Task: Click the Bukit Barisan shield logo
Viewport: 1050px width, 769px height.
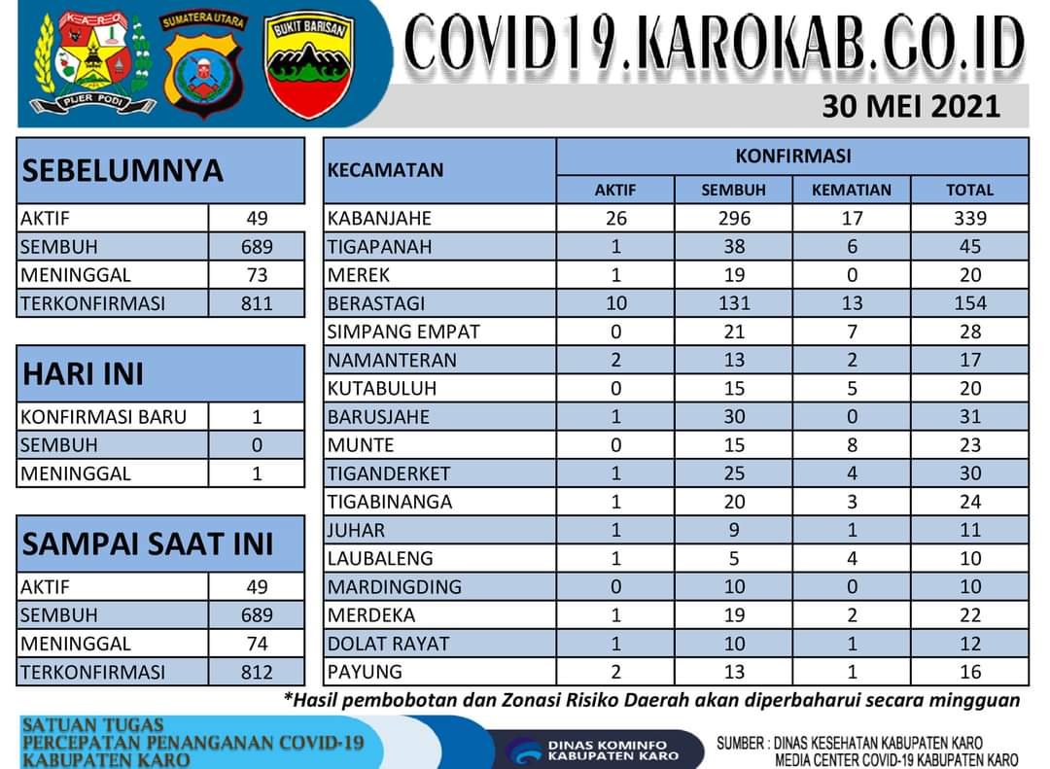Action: tap(309, 65)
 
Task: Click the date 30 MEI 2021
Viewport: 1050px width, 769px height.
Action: tap(910, 106)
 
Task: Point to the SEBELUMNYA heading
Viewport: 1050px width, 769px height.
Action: tap(122, 170)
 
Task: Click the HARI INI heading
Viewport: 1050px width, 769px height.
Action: tap(83, 373)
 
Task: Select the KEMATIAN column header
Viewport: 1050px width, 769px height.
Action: tap(851, 190)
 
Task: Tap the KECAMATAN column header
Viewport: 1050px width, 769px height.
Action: tap(386, 170)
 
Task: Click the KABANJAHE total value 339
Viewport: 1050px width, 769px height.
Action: tap(969, 218)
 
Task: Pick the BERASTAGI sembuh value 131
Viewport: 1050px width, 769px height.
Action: tap(734, 303)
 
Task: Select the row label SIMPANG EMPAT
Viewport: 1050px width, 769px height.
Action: tap(403, 332)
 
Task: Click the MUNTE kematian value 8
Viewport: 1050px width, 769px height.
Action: tap(851, 445)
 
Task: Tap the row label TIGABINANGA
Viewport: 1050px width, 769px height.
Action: tap(390, 502)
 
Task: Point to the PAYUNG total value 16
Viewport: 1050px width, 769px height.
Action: tap(969, 672)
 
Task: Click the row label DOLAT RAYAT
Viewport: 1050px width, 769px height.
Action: tap(389, 644)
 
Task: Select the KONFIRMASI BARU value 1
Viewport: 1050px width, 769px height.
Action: tap(257, 417)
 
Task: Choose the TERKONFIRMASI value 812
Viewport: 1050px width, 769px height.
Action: tap(257, 672)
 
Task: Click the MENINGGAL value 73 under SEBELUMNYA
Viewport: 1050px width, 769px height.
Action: tap(257, 275)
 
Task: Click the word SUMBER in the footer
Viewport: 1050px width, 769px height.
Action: tap(742, 744)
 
